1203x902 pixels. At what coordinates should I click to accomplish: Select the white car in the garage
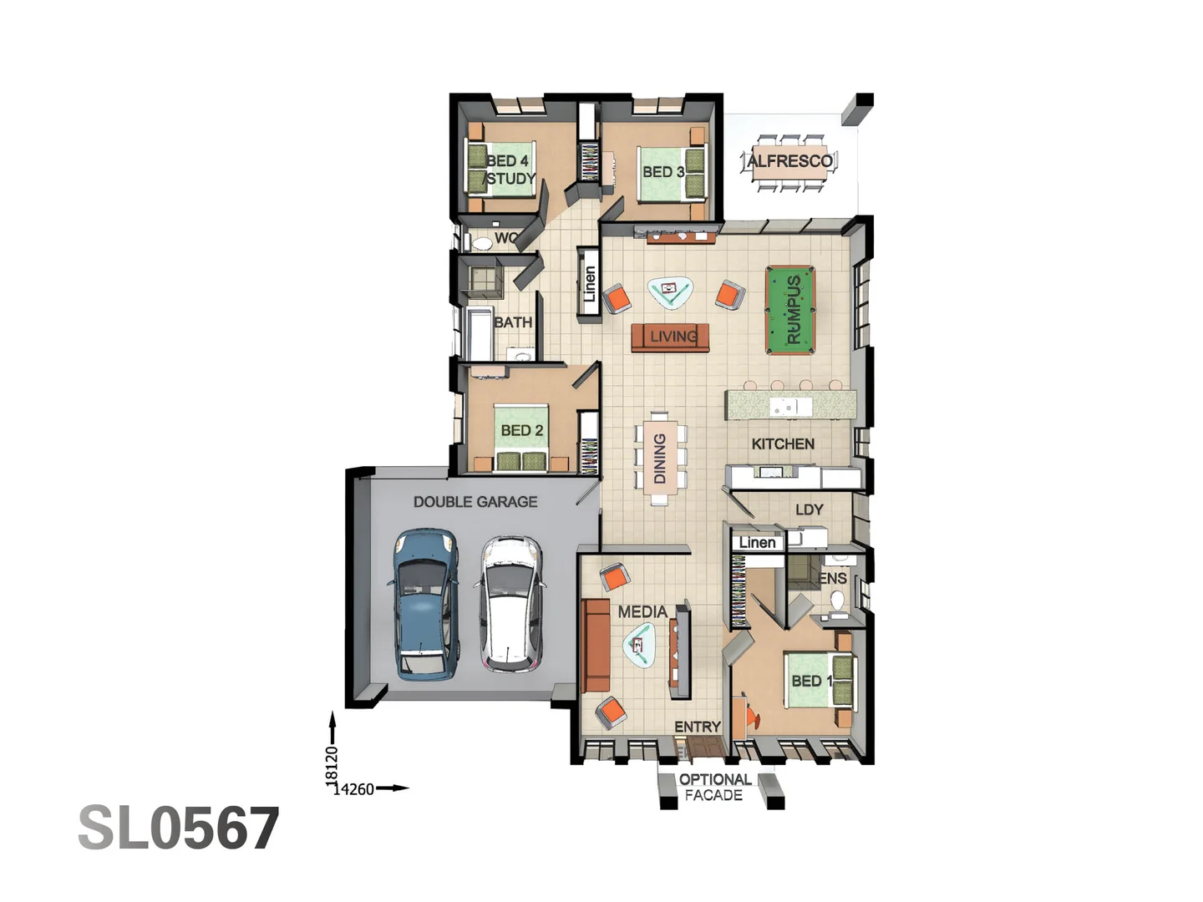510,603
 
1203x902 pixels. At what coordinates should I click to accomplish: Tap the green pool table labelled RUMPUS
790,310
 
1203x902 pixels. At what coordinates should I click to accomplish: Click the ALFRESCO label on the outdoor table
789,161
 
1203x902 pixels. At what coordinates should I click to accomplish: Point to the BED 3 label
662,172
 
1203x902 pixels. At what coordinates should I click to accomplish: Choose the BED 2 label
521,430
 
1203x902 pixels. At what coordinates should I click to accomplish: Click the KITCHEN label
782,444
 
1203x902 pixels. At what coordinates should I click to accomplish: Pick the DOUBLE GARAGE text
475,502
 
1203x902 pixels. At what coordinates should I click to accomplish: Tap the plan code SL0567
178,829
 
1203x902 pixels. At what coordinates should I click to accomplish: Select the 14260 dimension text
354,789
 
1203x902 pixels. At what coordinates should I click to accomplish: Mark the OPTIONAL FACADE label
713,788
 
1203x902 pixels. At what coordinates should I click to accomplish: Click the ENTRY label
697,727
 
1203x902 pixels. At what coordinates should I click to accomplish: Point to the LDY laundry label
809,509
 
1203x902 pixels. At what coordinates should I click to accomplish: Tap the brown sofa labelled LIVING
671,337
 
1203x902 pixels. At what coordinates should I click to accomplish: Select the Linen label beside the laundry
757,543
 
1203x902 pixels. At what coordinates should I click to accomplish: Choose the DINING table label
660,459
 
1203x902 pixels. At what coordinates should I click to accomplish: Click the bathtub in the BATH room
480,334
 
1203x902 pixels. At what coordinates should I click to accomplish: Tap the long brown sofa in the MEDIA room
596,645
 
